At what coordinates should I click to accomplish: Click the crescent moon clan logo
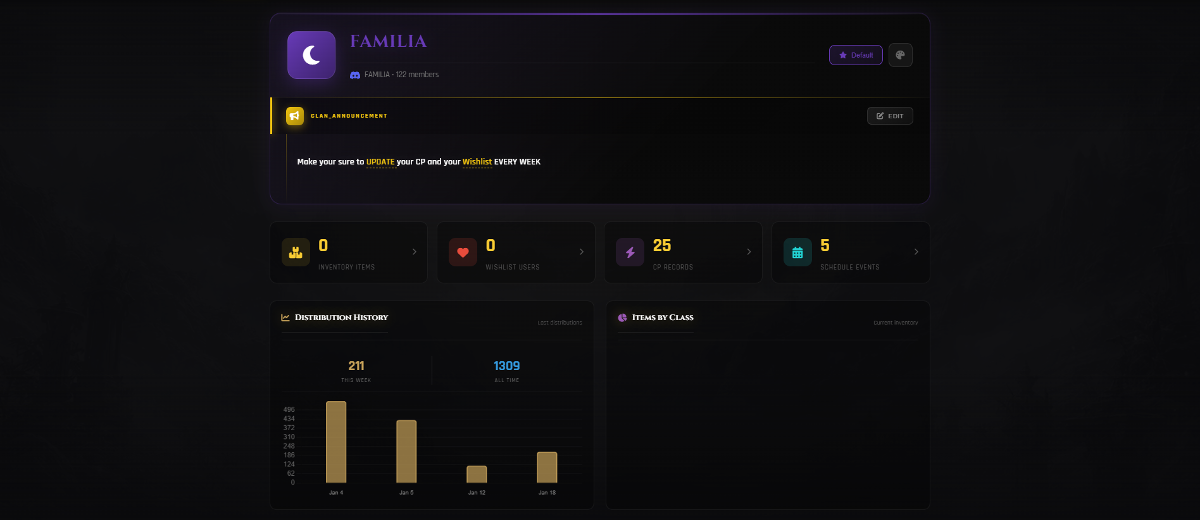tap(311, 55)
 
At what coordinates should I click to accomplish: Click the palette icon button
tap(900, 55)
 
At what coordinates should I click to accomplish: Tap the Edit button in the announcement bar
tap(889, 116)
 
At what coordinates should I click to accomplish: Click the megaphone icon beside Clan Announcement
tap(294, 116)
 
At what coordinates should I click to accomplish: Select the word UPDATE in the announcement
tap(380, 162)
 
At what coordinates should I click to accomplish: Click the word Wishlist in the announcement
tap(477, 162)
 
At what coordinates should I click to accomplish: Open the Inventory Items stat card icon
tap(296, 252)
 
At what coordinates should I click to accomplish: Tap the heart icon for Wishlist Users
tap(463, 252)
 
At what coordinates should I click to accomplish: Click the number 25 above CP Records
tap(661, 245)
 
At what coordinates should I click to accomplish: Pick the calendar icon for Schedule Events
tap(797, 252)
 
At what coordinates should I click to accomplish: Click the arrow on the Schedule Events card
tap(916, 252)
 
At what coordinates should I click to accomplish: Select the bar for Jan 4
tap(336, 442)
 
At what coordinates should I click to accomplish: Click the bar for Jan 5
tap(406, 452)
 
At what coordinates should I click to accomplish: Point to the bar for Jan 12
tap(477, 474)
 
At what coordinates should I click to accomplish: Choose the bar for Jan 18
tap(547, 467)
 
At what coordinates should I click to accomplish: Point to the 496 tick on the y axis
tap(289, 410)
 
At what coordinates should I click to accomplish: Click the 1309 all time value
tap(506, 366)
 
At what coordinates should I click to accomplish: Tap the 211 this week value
tap(356, 366)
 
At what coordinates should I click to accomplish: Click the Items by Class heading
tap(662, 318)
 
